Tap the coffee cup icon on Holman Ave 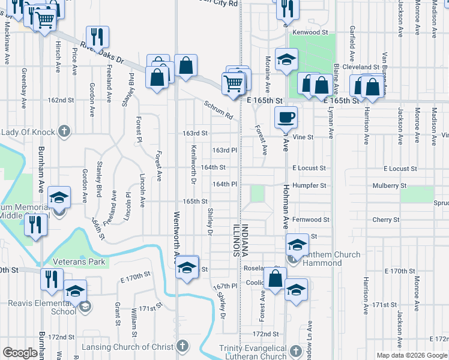tap(286, 116)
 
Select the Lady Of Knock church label tap(28, 131)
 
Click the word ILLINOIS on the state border tap(236, 239)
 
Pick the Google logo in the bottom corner tap(20, 353)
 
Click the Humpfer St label tap(311, 186)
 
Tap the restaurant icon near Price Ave tap(97, 37)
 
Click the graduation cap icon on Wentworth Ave tap(187, 266)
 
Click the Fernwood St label tap(311, 220)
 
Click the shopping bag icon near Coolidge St tap(275, 279)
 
